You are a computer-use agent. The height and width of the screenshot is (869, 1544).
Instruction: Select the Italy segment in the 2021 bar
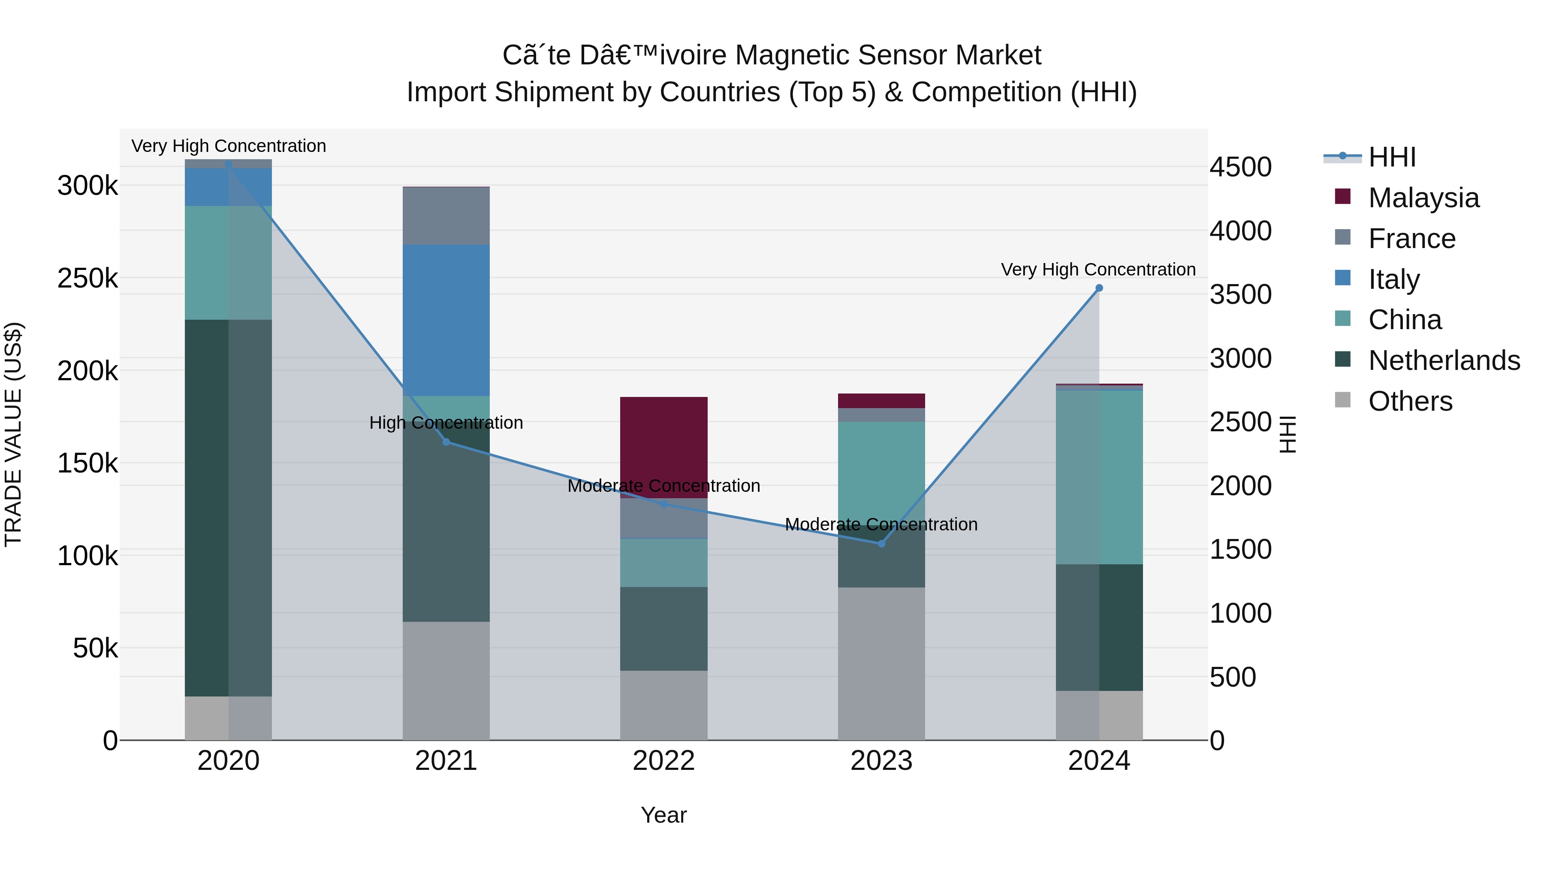coord(446,320)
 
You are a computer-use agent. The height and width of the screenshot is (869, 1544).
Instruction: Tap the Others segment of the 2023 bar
coord(881,663)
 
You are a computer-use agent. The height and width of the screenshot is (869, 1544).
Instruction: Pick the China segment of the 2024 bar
coord(1099,477)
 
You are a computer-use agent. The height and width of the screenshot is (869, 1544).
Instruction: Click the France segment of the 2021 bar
coord(446,216)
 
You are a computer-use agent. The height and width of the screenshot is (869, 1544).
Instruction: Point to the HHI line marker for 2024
coord(1099,288)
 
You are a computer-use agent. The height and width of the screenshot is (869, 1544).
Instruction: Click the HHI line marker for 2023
coord(881,543)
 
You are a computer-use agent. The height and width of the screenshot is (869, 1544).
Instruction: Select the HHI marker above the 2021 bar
coord(446,442)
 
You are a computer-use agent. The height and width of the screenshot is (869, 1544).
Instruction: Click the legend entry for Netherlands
coord(1443,360)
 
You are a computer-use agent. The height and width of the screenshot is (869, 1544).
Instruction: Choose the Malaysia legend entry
coord(1423,198)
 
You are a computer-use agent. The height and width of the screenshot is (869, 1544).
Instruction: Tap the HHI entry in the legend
coord(1392,157)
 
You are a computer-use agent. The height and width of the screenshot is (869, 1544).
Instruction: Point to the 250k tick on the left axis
coord(87,278)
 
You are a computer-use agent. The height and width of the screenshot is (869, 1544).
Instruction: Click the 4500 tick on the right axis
coord(1240,167)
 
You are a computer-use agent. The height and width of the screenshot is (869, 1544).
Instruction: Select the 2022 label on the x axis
coord(663,761)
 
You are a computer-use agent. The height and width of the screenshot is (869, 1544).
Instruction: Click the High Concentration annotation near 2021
coord(446,422)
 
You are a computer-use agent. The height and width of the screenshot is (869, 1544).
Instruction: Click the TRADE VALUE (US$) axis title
coord(13,434)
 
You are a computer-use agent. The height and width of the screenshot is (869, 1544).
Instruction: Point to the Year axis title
coord(663,815)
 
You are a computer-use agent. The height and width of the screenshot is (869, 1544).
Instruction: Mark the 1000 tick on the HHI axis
coord(1240,613)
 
